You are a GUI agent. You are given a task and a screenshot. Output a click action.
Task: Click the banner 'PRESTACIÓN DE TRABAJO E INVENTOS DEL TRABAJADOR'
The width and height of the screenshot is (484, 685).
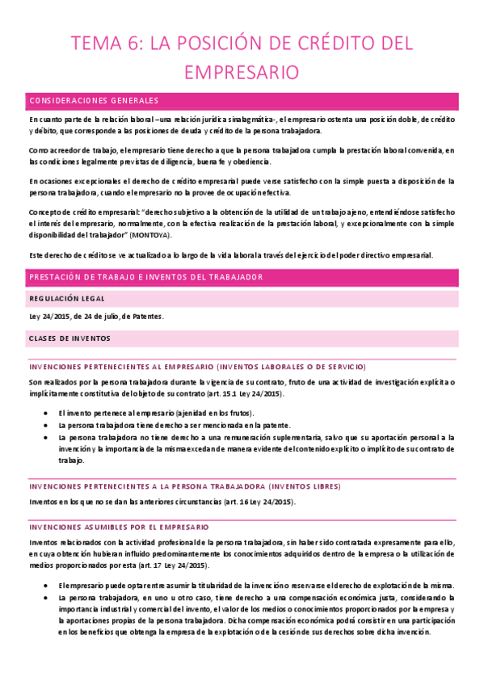tap(146, 277)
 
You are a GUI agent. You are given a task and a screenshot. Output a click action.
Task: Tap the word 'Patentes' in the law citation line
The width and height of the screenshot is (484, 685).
tap(144, 316)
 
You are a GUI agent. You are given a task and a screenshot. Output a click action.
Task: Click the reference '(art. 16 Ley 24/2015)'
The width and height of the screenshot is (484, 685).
tap(252, 502)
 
